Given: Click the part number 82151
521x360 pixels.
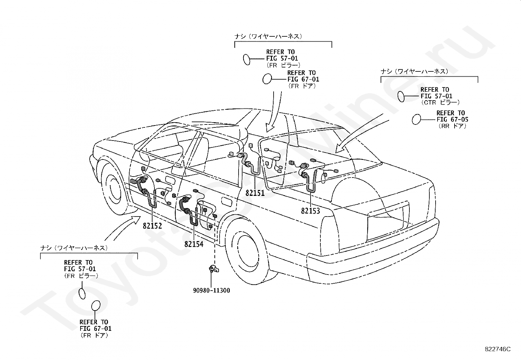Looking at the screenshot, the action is [255, 193].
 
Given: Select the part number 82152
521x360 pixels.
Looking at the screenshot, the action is [153, 226].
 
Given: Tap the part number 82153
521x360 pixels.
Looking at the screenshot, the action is [311, 211].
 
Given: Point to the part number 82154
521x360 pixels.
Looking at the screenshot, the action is [194, 244].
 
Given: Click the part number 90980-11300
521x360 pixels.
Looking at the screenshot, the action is [211, 290].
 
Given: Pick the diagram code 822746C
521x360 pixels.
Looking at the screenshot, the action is [497, 349].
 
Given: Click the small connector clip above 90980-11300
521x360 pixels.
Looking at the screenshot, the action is [214, 269].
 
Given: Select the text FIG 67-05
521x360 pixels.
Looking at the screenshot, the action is [452, 120].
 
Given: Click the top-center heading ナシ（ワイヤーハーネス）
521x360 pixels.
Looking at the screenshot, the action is [268, 36].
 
